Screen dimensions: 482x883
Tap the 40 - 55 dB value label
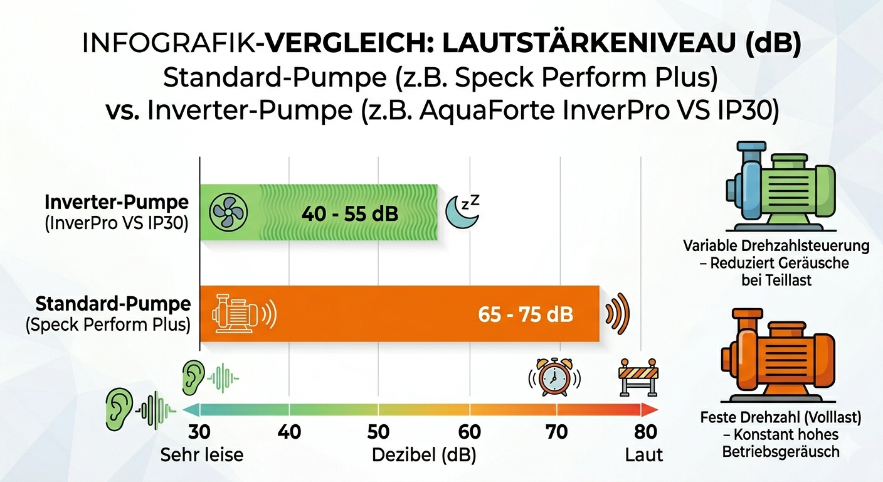349,214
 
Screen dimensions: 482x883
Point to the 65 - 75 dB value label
526,314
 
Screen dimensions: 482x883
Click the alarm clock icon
553,378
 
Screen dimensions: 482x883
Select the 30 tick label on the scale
199,432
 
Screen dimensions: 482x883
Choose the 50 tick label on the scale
378,432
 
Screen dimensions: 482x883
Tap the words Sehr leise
202,454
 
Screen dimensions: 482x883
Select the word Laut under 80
643,454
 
